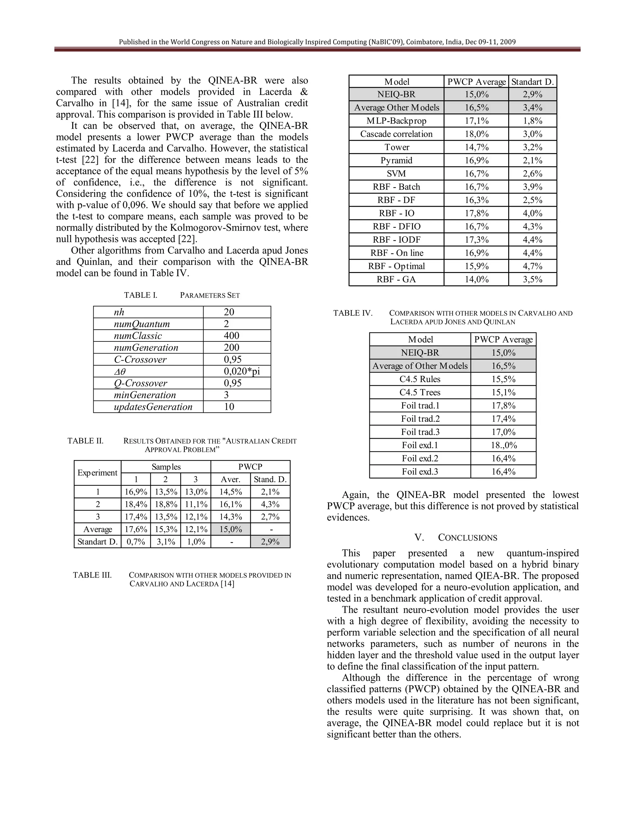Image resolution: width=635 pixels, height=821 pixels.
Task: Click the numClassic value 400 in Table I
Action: [x=231, y=336]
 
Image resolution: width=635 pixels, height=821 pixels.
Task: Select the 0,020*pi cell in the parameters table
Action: [x=242, y=371]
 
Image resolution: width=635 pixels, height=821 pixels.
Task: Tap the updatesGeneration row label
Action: [x=153, y=407]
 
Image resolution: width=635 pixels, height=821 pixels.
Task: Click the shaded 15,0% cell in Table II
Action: [x=230, y=529]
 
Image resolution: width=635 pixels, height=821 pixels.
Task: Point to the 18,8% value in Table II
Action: [x=166, y=504]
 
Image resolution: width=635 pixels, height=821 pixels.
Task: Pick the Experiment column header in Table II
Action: [x=97, y=472]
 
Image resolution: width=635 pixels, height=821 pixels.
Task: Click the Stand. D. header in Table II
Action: [x=270, y=479]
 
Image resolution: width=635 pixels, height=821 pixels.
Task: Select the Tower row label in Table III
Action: [x=397, y=147]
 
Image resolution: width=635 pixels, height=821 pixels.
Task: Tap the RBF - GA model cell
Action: [x=396, y=279]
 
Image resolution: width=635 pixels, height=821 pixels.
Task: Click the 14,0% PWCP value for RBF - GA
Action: [x=476, y=279]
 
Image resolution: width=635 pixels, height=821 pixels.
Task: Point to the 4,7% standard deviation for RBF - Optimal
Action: [x=532, y=266]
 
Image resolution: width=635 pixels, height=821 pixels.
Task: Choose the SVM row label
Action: [x=396, y=174]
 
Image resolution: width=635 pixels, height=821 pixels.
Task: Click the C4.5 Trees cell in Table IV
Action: [x=420, y=393]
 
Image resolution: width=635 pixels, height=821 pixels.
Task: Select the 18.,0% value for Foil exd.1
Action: [x=503, y=445]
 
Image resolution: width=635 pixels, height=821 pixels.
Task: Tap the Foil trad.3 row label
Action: [x=420, y=432]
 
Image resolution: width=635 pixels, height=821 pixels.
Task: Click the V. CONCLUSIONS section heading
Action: [x=455, y=538]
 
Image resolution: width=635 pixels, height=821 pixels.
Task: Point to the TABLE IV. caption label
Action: [x=353, y=313]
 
